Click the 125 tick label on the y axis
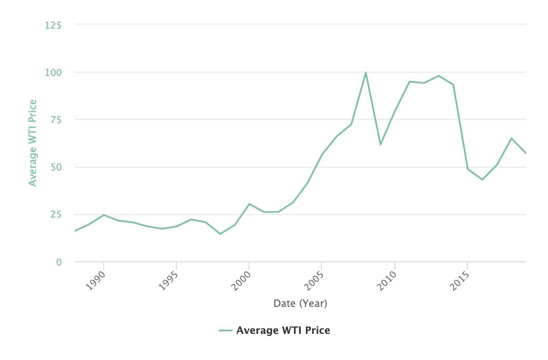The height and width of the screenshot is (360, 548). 53,26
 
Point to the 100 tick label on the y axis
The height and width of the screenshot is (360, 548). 53,73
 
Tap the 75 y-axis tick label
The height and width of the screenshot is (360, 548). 56,120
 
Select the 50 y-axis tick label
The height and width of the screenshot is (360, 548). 56,167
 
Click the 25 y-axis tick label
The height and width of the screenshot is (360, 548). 56,215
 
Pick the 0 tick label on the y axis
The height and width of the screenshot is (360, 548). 59,262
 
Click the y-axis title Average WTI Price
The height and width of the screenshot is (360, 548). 32,142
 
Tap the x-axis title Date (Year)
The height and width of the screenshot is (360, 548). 300,303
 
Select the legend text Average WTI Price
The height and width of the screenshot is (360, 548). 283,330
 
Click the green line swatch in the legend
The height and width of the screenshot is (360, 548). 226,330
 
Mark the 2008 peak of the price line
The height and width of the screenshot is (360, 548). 366,73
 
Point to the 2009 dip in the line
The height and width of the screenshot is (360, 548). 380,145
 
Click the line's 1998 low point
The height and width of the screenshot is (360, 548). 220,234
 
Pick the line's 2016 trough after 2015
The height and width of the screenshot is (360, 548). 482,180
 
